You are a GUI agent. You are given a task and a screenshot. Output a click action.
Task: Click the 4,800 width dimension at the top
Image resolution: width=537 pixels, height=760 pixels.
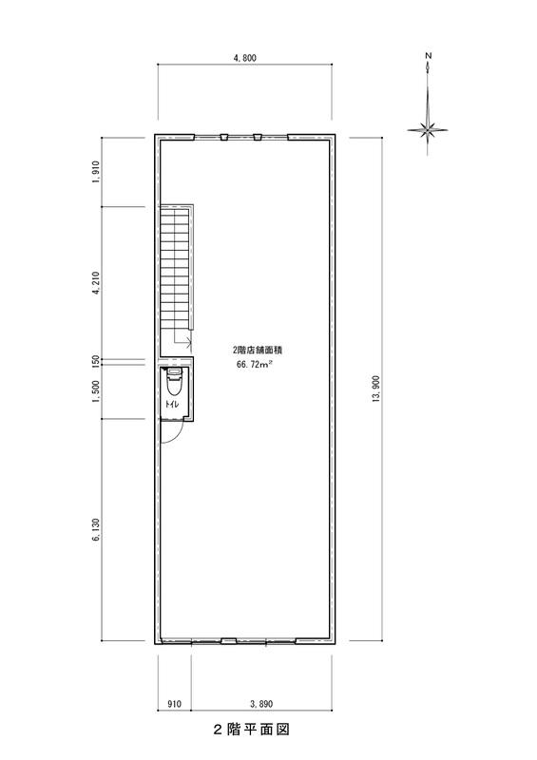[x=244, y=58]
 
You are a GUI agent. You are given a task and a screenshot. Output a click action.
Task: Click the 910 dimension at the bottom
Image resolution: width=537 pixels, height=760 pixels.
[x=174, y=704]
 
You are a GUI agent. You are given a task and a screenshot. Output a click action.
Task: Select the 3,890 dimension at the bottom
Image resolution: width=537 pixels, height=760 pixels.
[x=261, y=704]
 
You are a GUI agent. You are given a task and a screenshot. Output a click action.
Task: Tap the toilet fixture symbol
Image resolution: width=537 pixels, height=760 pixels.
[x=174, y=383]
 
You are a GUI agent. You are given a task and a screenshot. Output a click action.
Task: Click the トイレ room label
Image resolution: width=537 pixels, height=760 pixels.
[x=171, y=405]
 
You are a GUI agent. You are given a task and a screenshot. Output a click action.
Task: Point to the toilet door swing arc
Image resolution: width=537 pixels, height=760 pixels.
[x=178, y=435]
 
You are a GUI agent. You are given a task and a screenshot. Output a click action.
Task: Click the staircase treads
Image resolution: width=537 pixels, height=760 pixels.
[x=175, y=268]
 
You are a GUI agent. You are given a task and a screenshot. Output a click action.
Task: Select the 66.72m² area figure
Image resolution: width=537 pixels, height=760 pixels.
[x=254, y=365]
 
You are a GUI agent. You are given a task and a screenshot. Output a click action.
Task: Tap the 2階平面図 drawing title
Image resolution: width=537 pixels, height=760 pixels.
[x=251, y=729]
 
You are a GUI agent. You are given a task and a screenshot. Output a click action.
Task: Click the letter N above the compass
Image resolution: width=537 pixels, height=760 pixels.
[x=428, y=56]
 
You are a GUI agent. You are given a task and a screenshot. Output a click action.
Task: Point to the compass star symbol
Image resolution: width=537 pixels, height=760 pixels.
[x=428, y=130]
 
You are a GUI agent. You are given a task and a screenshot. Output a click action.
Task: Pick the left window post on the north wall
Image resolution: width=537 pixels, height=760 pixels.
[x=223, y=137]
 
